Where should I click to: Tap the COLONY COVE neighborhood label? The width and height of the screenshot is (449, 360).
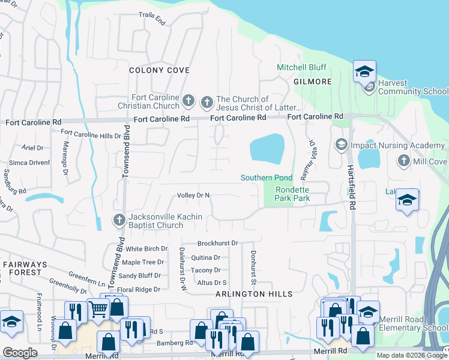click(160, 70)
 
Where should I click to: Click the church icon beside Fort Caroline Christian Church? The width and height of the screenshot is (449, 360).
click(188, 100)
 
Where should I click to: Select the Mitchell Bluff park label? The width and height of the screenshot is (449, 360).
click(301, 68)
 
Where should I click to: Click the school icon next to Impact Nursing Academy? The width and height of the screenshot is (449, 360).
click(342, 145)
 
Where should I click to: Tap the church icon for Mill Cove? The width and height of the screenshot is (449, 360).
click(403, 161)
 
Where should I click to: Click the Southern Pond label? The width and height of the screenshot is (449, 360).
click(266, 178)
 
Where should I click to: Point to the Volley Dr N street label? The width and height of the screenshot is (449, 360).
click(193, 195)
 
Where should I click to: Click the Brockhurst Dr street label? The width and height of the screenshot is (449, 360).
click(218, 243)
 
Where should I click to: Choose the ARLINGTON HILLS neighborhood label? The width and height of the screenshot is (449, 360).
click(255, 294)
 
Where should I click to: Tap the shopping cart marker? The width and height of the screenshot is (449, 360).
click(98, 310)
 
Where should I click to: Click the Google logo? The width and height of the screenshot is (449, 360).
click(20, 352)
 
